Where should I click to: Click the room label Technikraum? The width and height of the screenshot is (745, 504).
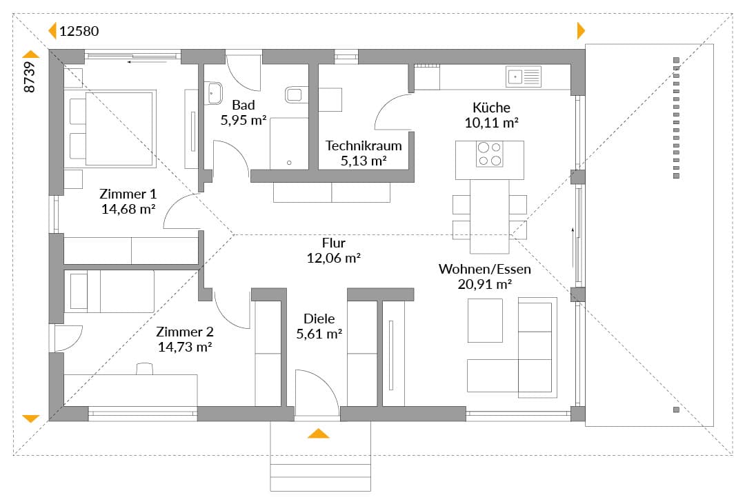[364, 145]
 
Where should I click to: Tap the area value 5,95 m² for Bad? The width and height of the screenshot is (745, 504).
[244, 120]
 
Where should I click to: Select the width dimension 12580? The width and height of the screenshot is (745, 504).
[79, 31]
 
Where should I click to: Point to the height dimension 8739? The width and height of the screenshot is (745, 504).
[30, 77]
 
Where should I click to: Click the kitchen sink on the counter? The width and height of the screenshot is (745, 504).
[524, 77]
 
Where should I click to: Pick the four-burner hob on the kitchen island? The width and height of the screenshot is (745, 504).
[490, 154]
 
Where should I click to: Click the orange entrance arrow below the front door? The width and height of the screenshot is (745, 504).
[318, 433]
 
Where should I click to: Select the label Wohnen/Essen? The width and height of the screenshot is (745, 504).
[485, 269]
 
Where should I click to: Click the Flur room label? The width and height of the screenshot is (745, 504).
[334, 243]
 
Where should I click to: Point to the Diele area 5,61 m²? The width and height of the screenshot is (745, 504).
[319, 334]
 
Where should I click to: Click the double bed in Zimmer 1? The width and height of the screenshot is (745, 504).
[113, 129]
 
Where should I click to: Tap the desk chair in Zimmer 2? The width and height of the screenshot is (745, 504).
[145, 369]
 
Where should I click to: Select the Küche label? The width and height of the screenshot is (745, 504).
[491, 108]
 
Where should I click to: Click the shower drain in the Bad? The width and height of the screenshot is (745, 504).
[289, 163]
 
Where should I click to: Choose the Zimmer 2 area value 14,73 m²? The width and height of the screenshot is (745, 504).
[185, 347]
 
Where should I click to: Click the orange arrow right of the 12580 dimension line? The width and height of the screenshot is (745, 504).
[581, 31]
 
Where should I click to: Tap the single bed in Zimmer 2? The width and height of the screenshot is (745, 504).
[112, 291]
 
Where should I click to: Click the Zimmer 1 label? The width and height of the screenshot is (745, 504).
[128, 194]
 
